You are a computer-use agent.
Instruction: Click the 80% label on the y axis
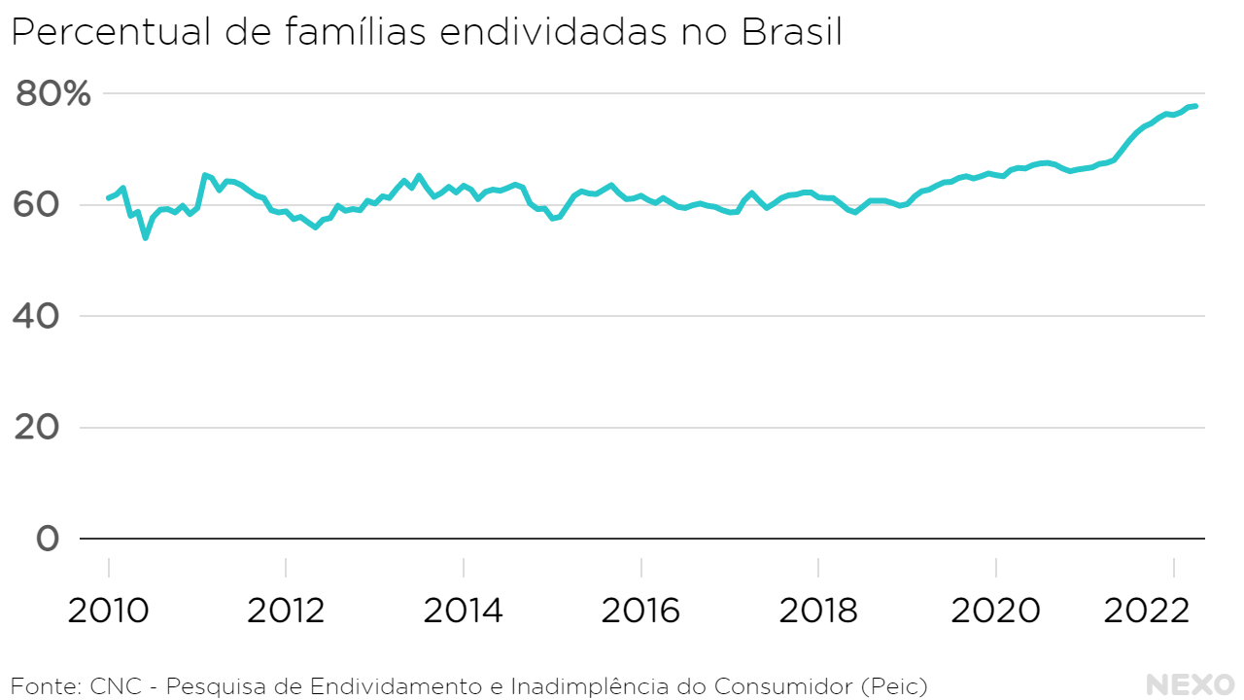53,94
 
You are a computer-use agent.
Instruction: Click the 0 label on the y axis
47,539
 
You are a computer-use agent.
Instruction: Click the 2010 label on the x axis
108,611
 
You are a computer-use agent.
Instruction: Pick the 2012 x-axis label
286,611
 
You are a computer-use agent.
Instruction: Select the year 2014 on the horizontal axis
464,611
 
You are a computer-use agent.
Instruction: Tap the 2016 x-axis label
640,611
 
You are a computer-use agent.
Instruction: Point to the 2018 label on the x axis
818,611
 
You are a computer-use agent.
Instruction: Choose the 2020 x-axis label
996,611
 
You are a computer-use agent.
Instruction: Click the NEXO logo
1190,684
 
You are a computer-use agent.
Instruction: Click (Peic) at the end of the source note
894,685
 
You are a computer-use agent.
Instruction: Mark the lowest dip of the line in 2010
146,237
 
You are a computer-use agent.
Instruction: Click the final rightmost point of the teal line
1196,106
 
